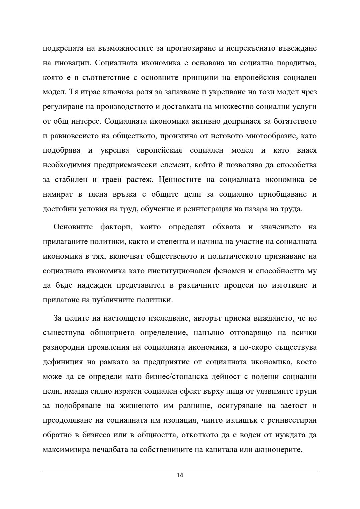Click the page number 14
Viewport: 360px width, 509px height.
tap(180, 475)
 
